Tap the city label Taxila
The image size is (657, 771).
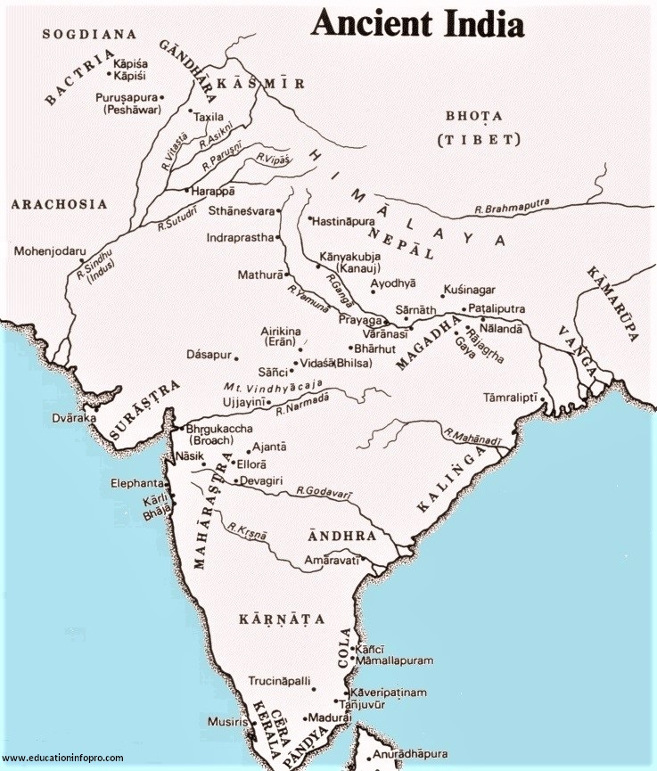click(x=210, y=117)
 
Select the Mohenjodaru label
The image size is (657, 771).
click(x=51, y=251)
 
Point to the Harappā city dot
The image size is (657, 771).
click(x=185, y=191)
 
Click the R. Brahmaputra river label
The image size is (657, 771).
click(x=512, y=209)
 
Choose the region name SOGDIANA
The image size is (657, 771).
click(x=89, y=34)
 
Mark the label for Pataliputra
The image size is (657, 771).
click(x=496, y=308)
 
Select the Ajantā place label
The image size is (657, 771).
click(x=269, y=446)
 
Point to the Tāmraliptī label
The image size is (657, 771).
click(x=511, y=397)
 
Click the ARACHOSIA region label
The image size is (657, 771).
click(x=59, y=204)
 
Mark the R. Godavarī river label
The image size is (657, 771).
click(x=326, y=491)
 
